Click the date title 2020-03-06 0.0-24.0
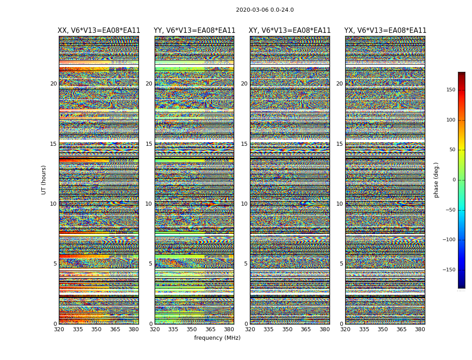pyautogui.click(x=265, y=10)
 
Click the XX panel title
pyautogui.click(x=99, y=31)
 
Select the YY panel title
pyautogui.click(x=194, y=31)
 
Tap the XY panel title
pyautogui.click(x=290, y=31)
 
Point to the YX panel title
pyautogui.click(x=385, y=31)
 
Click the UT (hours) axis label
pyautogui.click(x=44, y=180)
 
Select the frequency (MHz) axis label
pyautogui.click(x=217, y=338)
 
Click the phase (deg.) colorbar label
pyautogui.click(x=436, y=180)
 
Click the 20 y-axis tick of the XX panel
pyautogui.click(x=53, y=84)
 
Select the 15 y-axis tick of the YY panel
pyautogui.click(x=149, y=144)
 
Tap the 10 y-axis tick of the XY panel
pyautogui.click(x=244, y=204)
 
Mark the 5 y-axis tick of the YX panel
pyautogui.click(x=341, y=264)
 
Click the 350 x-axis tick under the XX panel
pyautogui.click(x=97, y=329)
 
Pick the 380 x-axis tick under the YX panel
pyautogui.click(x=420, y=329)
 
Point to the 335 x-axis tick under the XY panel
pyautogui.click(x=269, y=329)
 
